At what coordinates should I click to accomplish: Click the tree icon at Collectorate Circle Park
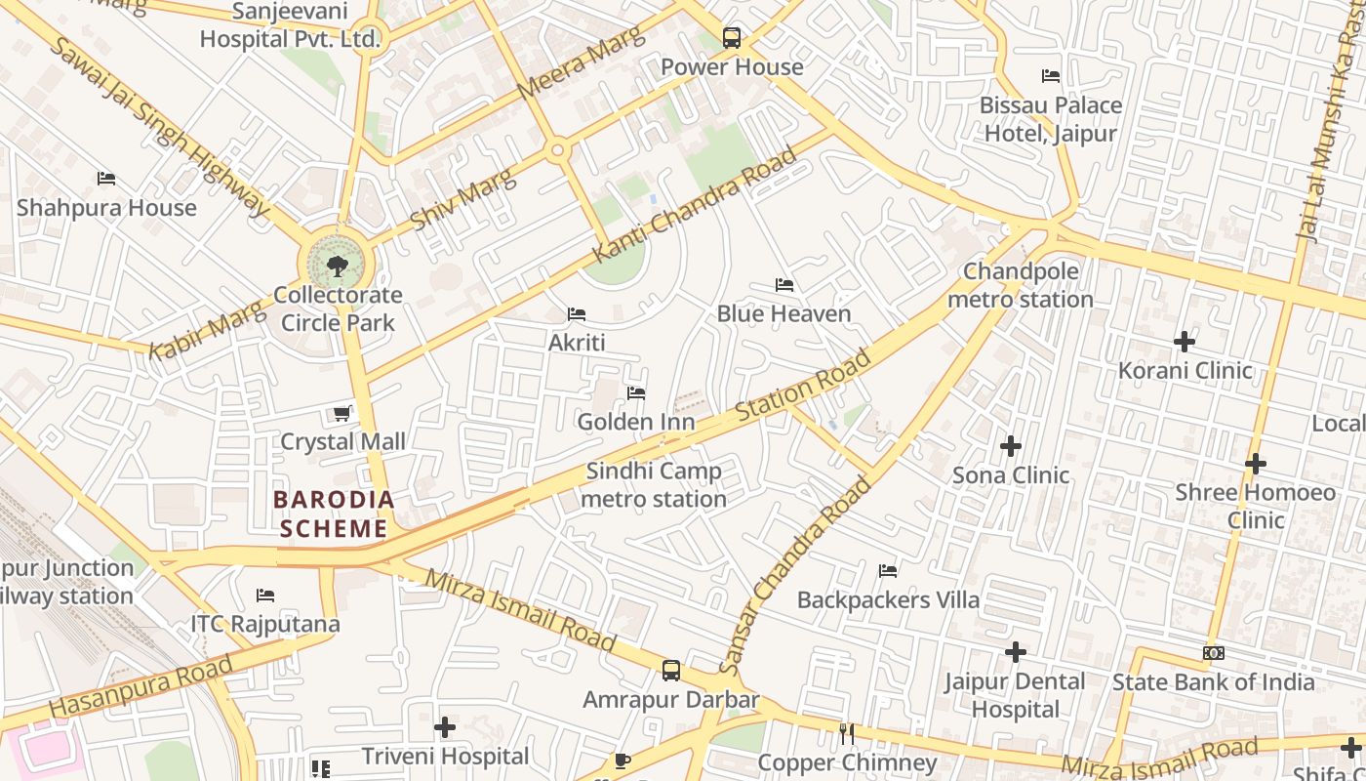click(x=338, y=265)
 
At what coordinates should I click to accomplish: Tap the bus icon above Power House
click(x=731, y=38)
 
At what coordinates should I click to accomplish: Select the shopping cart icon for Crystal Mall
click(x=341, y=414)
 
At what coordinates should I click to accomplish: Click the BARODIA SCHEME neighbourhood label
click(x=335, y=514)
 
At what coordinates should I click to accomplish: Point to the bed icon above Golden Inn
click(x=636, y=393)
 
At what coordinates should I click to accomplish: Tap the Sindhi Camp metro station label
click(x=655, y=485)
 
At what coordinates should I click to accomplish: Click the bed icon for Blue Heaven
click(x=783, y=285)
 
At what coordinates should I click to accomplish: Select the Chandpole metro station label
click(x=1021, y=285)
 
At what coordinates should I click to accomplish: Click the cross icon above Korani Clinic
click(x=1185, y=342)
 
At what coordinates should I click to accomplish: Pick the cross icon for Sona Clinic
click(x=1011, y=446)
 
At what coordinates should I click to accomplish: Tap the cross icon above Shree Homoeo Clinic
click(x=1256, y=463)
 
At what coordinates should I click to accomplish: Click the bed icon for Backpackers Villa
click(x=888, y=571)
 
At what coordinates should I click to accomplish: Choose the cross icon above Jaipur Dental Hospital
click(x=1016, y=652)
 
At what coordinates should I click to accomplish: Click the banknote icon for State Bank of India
click(x=1214, y=653)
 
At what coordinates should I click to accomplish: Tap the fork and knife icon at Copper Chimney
click(x=847, y=734)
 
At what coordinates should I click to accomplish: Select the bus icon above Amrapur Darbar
click(x=671, y=671)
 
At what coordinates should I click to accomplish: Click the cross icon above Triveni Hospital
click(x=445, y=727)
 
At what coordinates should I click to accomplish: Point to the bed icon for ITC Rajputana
click(x=265, y=596)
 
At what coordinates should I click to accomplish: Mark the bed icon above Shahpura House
click(x=106, y=179)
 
